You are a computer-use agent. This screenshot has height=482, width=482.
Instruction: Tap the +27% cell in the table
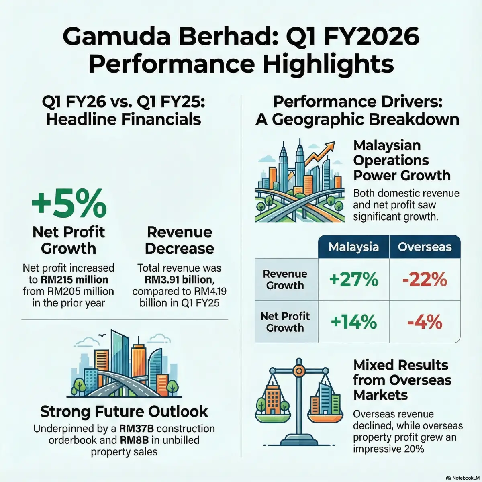coord(353,279)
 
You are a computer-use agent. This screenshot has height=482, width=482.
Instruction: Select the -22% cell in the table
coord(425,279)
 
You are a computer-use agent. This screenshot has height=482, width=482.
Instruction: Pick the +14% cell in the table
coord(353,322)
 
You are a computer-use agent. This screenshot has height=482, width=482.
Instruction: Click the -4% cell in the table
coord(425,322)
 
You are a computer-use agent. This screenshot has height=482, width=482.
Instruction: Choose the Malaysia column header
coord(353,247)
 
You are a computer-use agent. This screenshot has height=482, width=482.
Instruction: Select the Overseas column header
coord(425,247)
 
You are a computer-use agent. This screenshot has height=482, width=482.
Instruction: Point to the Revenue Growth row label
coord(285,280)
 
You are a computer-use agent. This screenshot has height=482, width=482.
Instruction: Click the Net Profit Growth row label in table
coord(285,322)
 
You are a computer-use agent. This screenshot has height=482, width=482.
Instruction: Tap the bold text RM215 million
coord(74,280)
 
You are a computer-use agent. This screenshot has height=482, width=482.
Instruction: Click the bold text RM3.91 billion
coord(180,280)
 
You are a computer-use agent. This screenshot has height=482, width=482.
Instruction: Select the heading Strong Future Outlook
coord(125,411)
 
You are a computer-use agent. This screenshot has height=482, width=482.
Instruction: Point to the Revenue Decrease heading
coord(180,240)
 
